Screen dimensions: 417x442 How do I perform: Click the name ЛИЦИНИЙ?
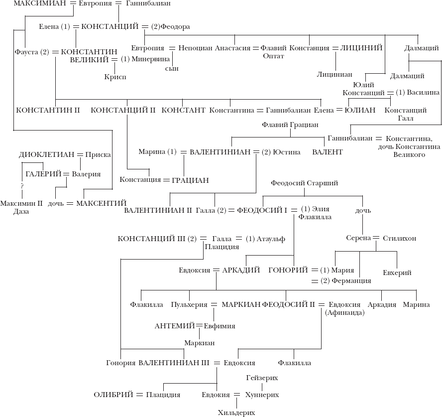(361, 48)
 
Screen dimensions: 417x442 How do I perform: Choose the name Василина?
(423, 93)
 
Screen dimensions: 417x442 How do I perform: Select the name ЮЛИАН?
(360, 110)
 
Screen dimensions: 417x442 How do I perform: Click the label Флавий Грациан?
(290, 125)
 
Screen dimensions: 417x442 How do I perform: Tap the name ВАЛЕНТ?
(328, 152)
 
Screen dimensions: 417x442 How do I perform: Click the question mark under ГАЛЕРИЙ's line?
(21, 186)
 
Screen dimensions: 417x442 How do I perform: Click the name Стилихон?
(400, 238)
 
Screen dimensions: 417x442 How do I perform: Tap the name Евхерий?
(397, 273)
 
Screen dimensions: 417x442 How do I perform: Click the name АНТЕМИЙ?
(174, 326)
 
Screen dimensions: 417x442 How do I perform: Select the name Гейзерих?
(262, 378)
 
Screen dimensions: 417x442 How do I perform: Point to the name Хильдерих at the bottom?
(236, 413)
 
